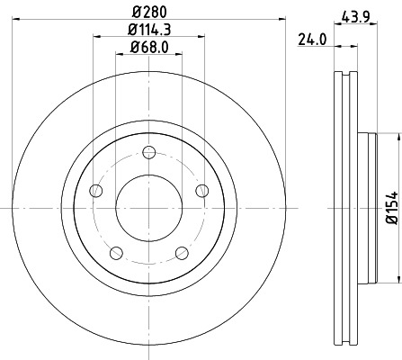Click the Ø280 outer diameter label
coord(148,13)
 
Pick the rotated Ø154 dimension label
coord(391,205)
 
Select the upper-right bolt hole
coord(201,189)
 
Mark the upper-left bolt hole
coord(95,189)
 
